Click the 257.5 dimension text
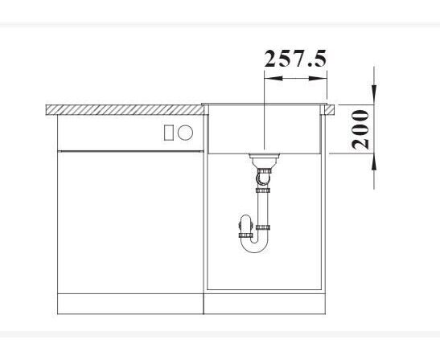(295, 59)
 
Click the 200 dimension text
(360, 129)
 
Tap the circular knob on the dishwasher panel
(185, 133)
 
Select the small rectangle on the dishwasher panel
(168, 133)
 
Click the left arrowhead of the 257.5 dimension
(273, 78)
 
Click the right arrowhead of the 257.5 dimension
(318, 78)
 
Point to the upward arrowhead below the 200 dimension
(374, 163)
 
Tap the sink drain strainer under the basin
(265, 156)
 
